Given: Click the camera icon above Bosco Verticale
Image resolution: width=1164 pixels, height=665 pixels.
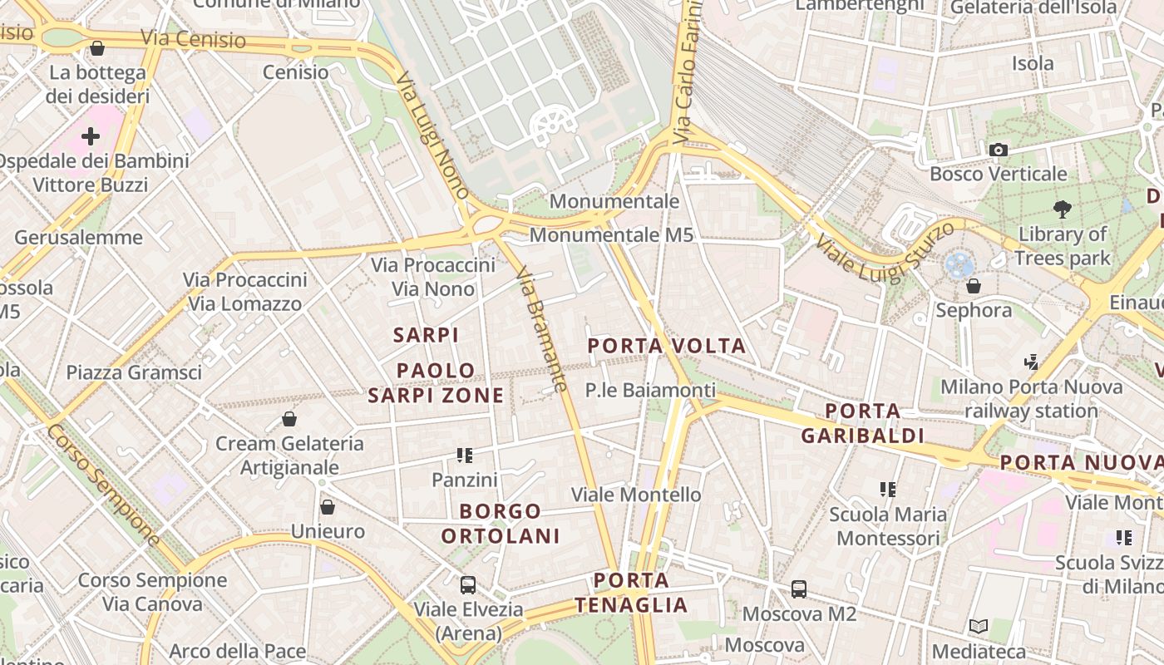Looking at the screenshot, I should pyautogui.click(x=999, y=150).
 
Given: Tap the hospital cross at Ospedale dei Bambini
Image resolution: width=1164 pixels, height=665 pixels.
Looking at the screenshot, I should pyautogui.click(x=91, y=135).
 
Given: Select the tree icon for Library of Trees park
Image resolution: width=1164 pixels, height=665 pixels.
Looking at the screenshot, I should pyautogui.click(x=1062, y=209).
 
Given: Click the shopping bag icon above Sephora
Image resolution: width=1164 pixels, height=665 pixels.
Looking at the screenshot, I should pyautogui.click(x=974, y=286).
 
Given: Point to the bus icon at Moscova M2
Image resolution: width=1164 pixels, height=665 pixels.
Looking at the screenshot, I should pyautogui.click(x=799, y=589).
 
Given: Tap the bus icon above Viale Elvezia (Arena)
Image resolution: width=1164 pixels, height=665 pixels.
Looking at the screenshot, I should pyautogui.click(x=468, y=584).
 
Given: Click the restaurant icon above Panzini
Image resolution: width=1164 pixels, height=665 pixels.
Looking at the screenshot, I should pyautogui.click(x=465, y=456).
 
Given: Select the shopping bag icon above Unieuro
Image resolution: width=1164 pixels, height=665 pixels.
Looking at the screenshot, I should pyautogui.click(x=328, y=507).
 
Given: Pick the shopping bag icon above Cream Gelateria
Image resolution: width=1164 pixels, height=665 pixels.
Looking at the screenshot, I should pyautogui.click(x=289, y=419).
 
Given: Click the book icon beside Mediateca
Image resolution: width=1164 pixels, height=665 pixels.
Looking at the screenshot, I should pyautogui.click(x=979, y=627).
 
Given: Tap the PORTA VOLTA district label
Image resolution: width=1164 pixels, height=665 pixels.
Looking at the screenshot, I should pyautogui.click(x=667, y=346).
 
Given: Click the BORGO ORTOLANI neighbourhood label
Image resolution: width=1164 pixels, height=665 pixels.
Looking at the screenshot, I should pyautogui.click(x=501, y=524).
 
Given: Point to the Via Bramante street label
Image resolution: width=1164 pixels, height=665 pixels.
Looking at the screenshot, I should pyautogui.click(x=541, y=329).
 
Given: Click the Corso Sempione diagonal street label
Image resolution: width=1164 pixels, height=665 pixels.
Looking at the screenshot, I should pyautogui.click(x=103, y=485).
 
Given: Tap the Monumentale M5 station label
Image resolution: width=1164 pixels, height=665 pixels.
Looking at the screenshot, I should pyautogui.click(x=611, y=235).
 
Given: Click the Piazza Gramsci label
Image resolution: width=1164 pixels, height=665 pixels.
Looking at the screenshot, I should pyautogui.click(x=134, y=372).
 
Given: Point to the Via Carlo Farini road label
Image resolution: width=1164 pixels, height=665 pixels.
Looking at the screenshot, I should pyautogui.click(x=687, y=75).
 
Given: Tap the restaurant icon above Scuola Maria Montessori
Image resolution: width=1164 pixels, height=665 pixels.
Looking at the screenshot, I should pyautogui.click(x=888, y=490).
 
